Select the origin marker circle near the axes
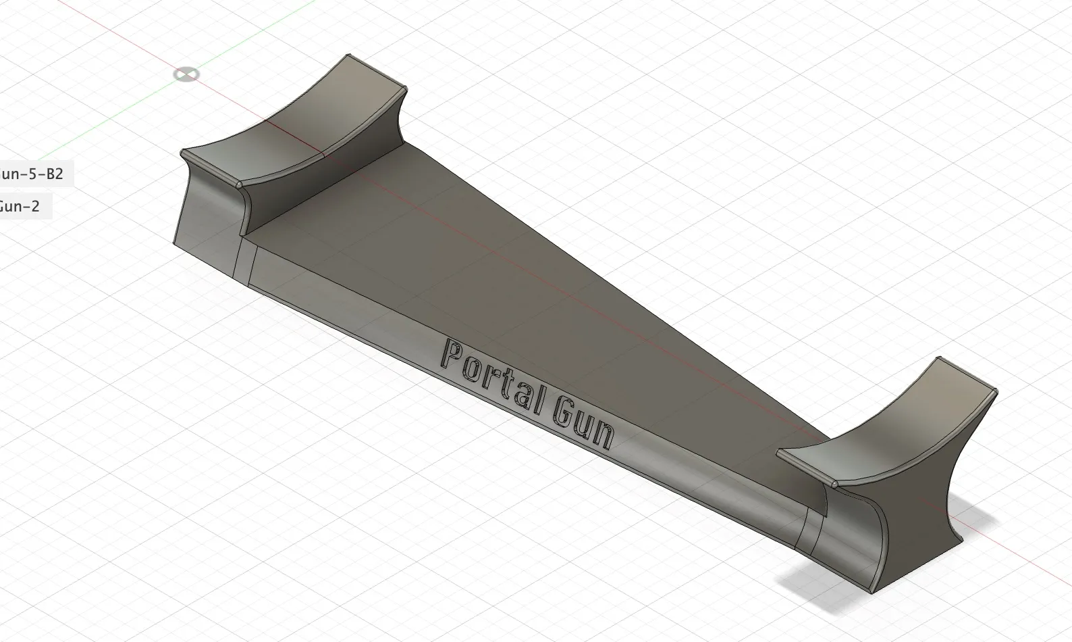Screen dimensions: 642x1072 (186, 74)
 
